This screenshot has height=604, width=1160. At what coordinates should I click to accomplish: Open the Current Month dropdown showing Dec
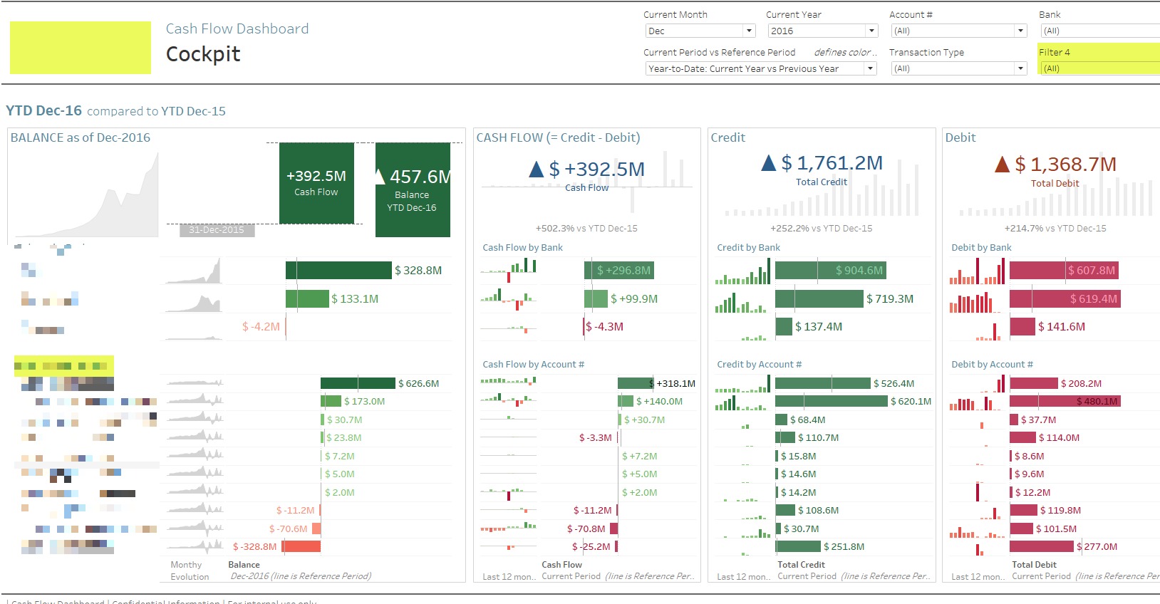pos(699,31)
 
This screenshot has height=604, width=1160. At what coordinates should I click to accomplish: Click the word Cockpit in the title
pos(203,54)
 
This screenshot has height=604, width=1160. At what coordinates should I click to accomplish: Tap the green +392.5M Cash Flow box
pos(316,183)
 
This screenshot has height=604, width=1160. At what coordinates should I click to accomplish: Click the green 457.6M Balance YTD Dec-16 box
pos(413,189)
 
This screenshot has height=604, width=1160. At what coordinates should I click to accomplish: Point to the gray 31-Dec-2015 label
pos(217,230)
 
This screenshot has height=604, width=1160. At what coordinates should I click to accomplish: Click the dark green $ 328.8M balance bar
pos(338,271)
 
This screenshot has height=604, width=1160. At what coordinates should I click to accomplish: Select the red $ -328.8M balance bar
pos(301,546)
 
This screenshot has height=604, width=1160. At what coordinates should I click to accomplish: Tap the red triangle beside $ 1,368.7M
pos(1002,165)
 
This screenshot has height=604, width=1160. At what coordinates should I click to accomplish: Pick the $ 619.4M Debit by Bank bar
pos(1065,299)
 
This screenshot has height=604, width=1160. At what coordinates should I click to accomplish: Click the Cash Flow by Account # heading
pos(533,364)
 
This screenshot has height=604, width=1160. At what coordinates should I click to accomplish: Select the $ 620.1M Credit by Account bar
pos(831,402)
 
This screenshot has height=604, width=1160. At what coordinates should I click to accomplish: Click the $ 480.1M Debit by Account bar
pos(1065,402)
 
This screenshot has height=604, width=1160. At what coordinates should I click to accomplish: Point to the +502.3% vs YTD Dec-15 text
pos(586,229)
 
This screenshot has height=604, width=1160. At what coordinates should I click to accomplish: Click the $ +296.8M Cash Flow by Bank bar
pos(618,271)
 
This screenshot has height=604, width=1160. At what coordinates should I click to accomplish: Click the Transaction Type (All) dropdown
pos(958,68)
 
